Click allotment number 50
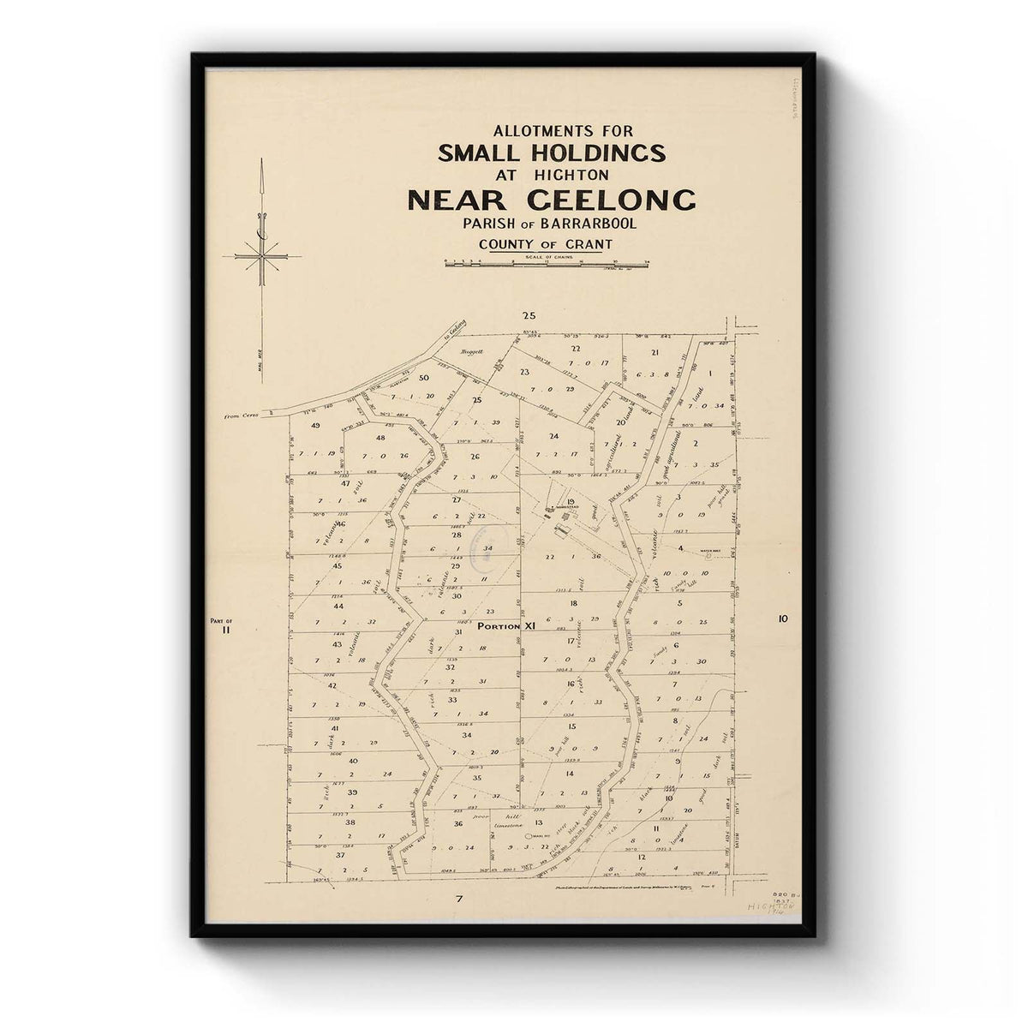click(423, 378)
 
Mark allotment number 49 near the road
click(315, 426)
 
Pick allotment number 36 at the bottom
click(458, 824)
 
